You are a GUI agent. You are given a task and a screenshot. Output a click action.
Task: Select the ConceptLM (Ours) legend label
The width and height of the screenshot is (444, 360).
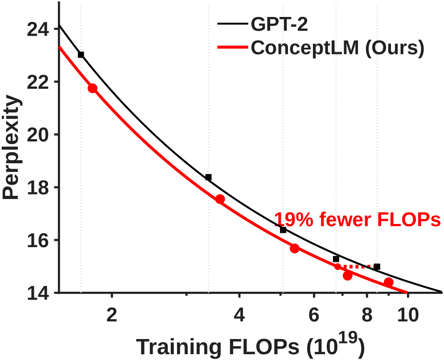coord(337,48)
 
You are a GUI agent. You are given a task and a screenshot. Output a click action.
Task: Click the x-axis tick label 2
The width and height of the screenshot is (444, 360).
coord(112,315)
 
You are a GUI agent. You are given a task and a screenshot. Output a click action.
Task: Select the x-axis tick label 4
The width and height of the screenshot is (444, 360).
coord(239,315)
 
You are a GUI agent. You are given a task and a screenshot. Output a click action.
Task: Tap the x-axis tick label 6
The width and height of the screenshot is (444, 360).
coord(314,315)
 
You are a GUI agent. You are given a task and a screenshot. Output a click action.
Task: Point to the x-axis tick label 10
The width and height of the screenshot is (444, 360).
coord(408,315)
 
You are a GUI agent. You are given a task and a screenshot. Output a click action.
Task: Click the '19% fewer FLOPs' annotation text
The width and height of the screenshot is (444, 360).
coord(357,220)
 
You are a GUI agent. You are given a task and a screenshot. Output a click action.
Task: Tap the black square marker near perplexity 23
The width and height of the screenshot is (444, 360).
coord(81,54)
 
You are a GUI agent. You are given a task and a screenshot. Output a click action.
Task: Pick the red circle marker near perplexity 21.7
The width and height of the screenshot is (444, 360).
coord(92,88)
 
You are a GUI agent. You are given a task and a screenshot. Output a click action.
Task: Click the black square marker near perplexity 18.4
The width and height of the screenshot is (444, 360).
coord(208,177)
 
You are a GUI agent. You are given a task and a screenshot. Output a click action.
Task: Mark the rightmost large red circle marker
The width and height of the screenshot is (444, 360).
coord(388,282)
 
